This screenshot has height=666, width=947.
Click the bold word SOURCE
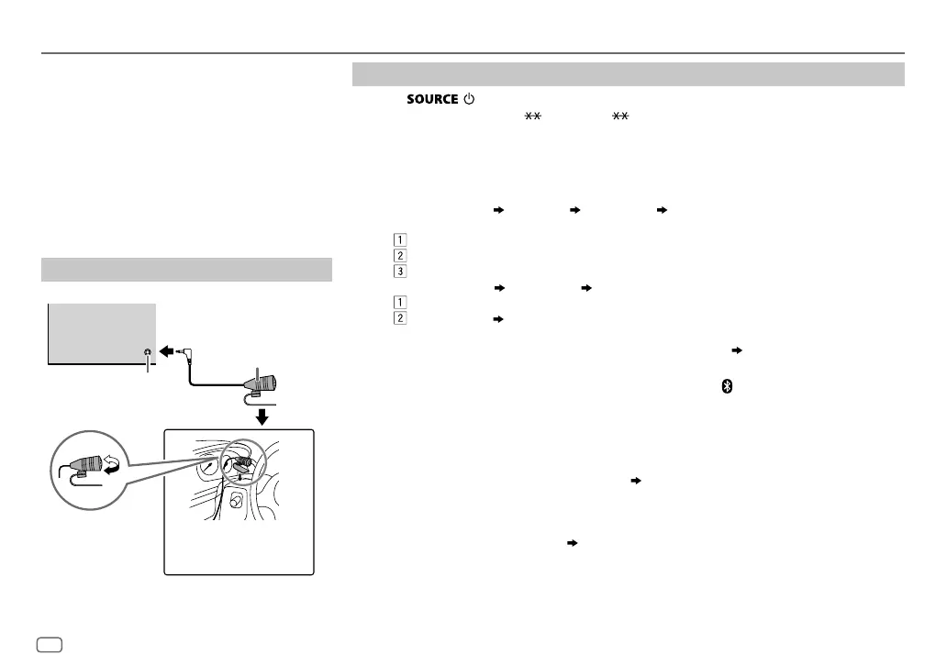(x=431, y=99)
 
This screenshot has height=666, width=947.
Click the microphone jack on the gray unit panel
(x=145, y=351)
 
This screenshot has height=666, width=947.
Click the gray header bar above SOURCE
(x=629, y=74)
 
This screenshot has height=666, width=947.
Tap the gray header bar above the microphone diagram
(x=186, y=270)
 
